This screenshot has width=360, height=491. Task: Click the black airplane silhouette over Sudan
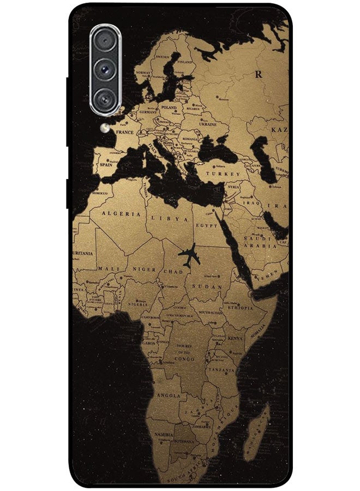(188, 255)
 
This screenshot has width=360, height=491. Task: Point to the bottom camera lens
(103, 98)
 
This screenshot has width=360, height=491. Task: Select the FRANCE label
(125, 132)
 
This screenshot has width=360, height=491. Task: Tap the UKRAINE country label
(208, 124)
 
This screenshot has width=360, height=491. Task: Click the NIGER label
(145, 270)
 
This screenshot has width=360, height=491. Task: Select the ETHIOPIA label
(240, 308)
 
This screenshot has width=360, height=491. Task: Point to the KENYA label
(235, 338)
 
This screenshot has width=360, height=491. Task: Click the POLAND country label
(169, 108)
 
